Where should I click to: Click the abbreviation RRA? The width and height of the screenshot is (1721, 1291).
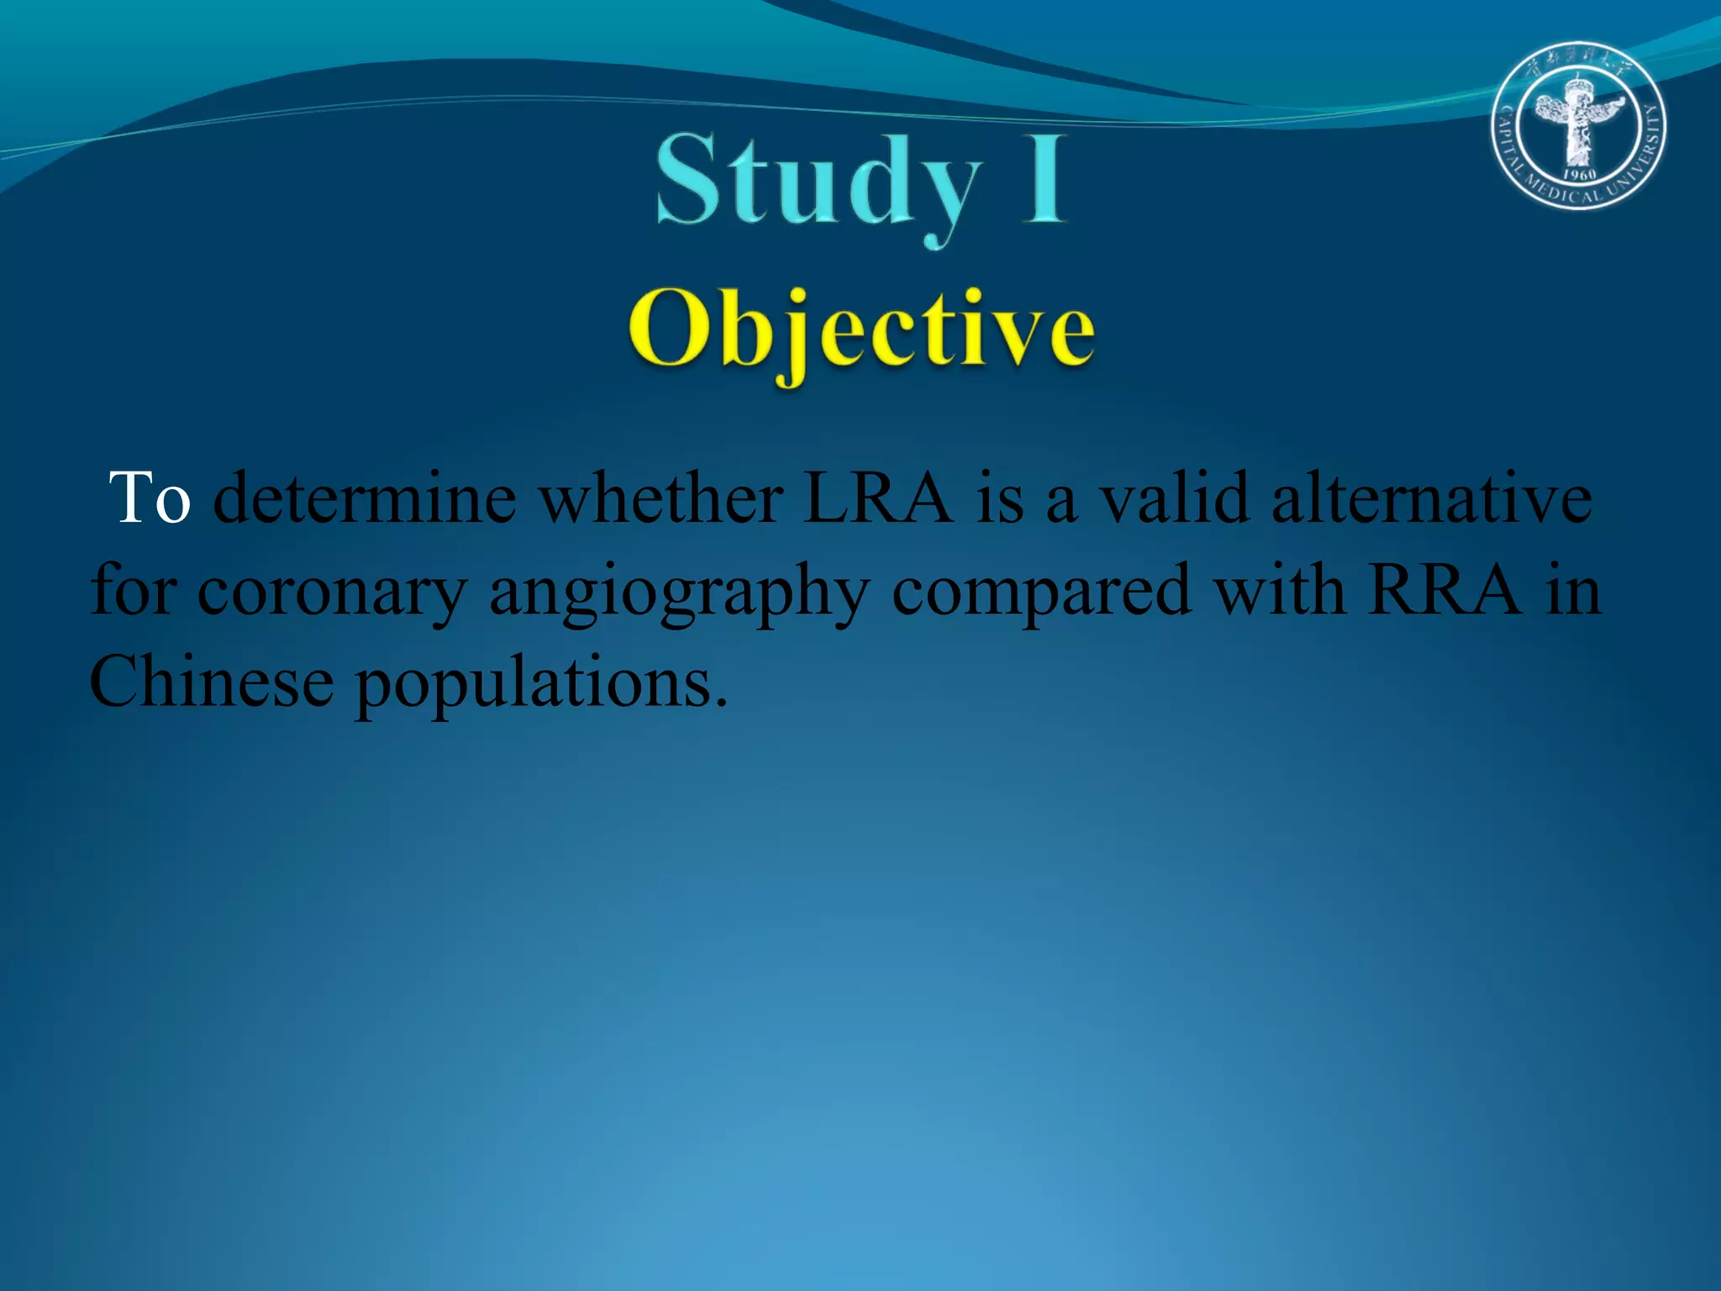pyautogui.click(x=1445, y=590)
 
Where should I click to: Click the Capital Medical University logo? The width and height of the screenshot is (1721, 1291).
pyautogui.click(x=1579, y=125)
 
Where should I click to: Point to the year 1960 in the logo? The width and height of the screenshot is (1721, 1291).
pyautogui.click(x=1579, y=175)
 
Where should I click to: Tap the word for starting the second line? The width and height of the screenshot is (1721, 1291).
pyautogui.click(x=134, y=590)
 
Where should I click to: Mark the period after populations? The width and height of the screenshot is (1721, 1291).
pyautogui.click(x=720, y=701)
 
